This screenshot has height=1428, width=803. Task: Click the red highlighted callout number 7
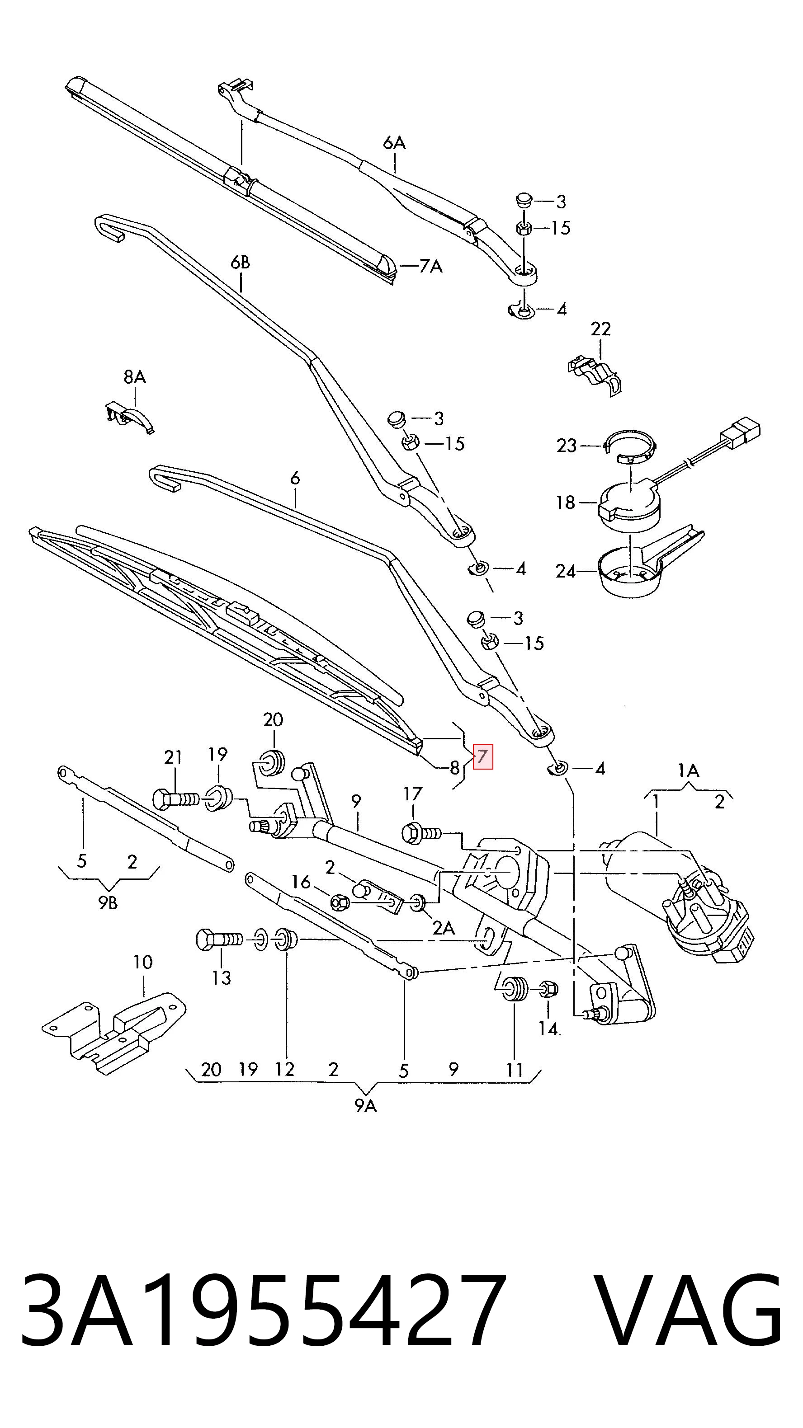482,756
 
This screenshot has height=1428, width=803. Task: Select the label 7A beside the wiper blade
431,267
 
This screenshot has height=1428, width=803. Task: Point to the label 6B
240,262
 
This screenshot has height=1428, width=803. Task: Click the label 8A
135,377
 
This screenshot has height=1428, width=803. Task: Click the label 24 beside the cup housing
566,571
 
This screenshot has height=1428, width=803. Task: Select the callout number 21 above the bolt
173,757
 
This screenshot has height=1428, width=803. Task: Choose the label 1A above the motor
688,770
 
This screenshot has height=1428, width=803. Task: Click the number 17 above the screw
413,794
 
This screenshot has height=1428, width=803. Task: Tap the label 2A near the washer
444,928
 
